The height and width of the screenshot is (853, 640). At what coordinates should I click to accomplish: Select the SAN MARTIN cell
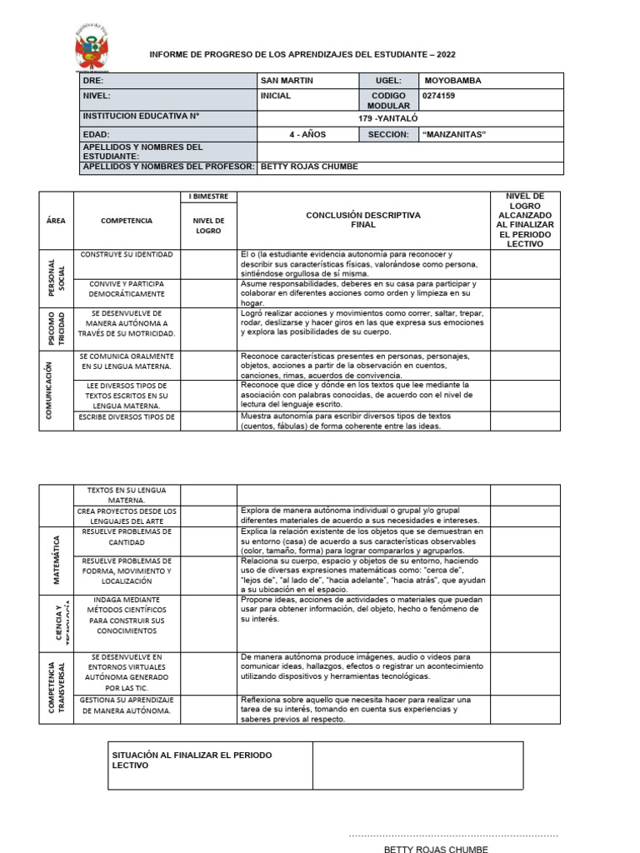[x=287, y=81]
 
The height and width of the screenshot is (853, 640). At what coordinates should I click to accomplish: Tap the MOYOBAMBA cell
[x=452, y=81]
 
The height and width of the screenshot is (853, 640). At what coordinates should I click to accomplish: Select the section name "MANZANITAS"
[x=453, y=134]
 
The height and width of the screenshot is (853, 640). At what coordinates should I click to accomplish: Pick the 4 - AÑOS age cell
[x=307, y=134]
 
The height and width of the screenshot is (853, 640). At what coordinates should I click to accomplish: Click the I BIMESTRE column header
[x=208, y=197]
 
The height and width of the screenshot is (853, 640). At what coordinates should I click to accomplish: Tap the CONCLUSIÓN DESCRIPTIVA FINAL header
[x=363, y=220]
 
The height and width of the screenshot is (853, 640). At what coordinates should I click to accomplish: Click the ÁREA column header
[x=56, y=221]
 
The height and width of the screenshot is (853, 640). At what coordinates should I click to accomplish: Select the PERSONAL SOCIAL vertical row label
[x=56, y=277]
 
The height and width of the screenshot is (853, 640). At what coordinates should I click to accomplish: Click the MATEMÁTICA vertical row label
[x=56, y=554]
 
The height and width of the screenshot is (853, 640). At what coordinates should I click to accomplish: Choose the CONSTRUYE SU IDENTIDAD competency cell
[x=127, y=253]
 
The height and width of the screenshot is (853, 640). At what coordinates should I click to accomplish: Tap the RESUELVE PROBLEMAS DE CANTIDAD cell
[x=127, y=536]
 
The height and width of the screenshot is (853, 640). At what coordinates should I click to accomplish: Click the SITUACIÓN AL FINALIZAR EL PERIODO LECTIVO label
[x=192, y=760]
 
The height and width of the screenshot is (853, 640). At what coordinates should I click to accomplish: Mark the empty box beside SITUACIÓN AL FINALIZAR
[x=417, y=766]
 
